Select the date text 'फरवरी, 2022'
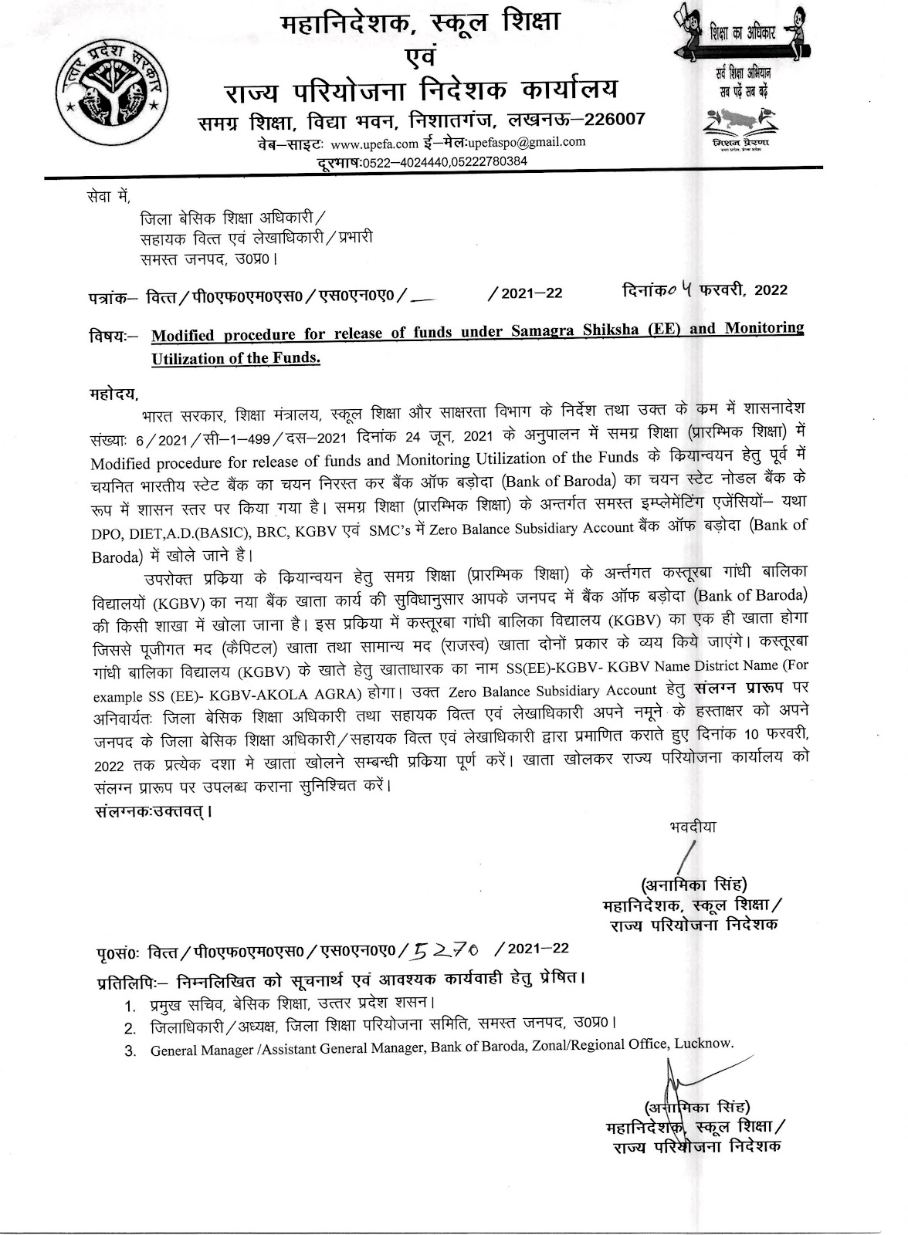[744, 289]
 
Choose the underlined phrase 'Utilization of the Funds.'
[235, 358]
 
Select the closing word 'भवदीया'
[693, 827]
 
